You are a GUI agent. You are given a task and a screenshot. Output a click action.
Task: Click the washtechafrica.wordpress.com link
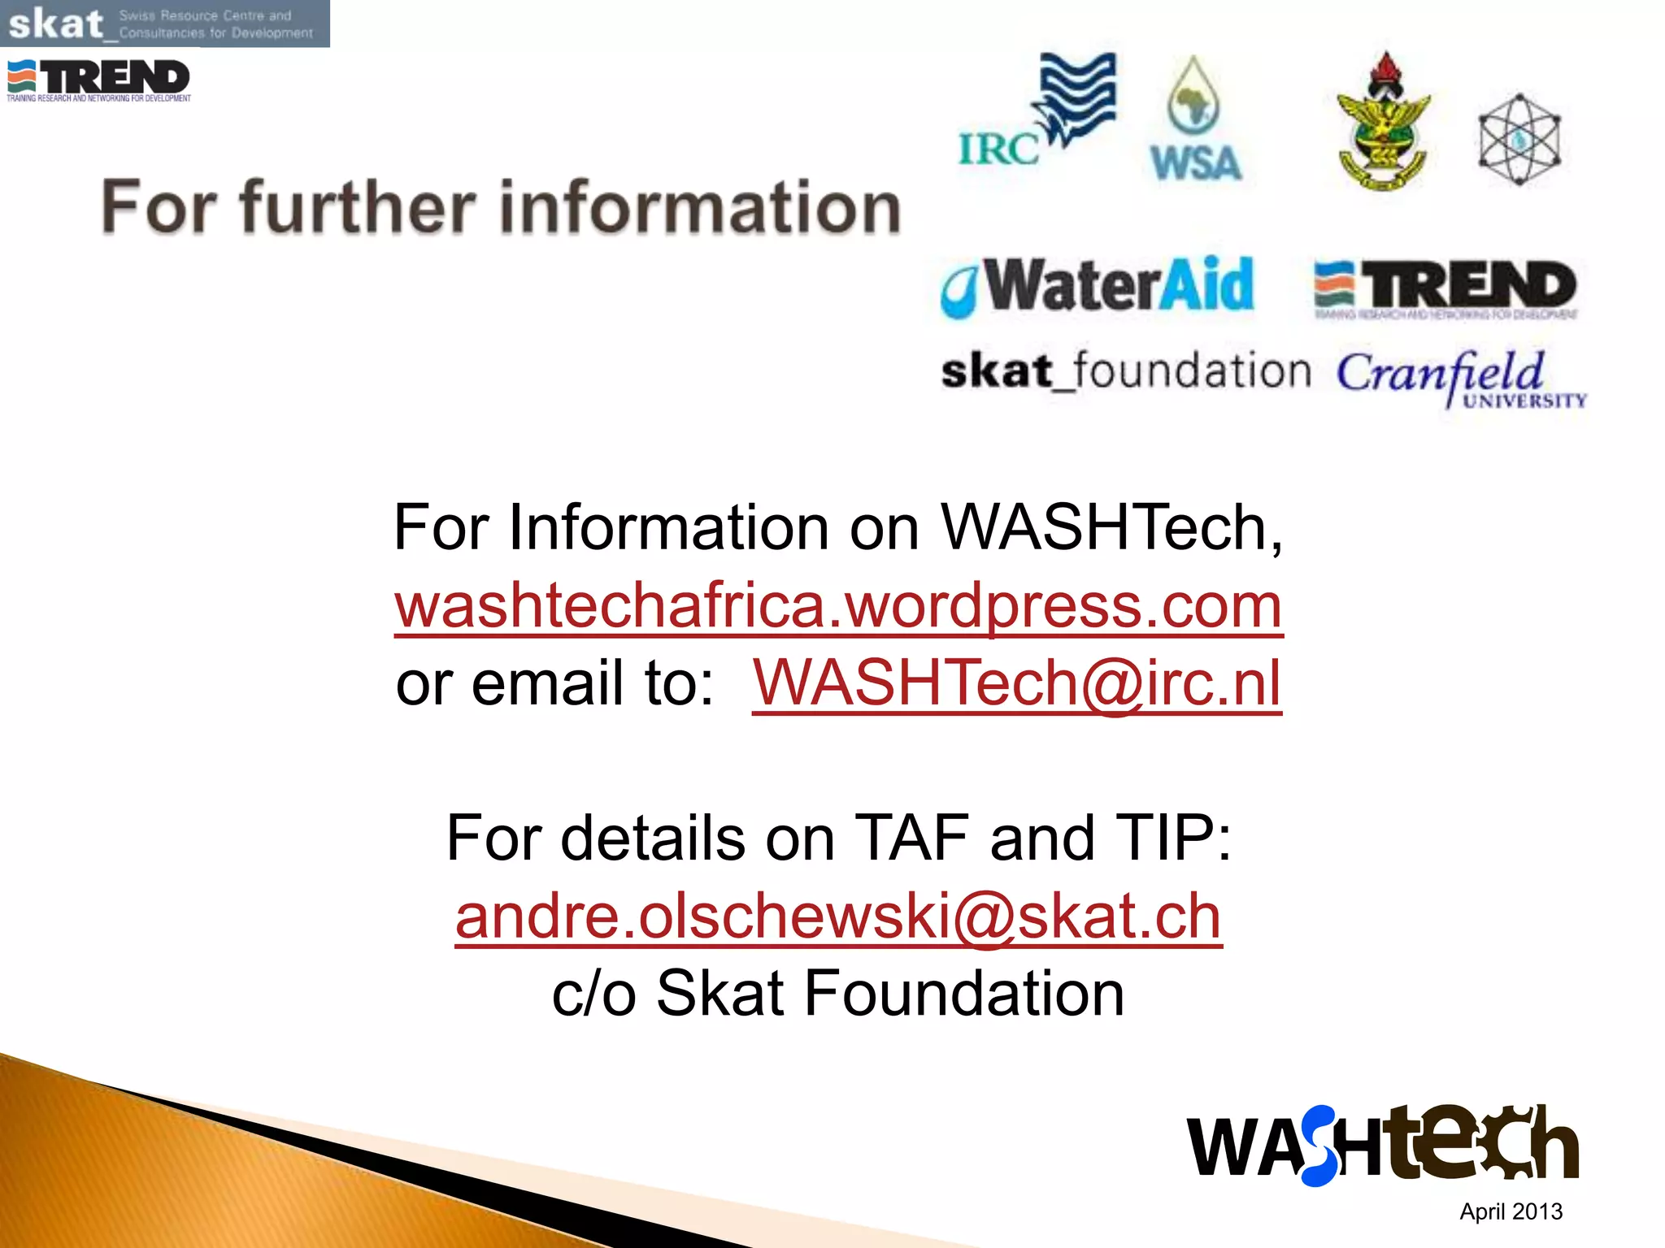click(x=838, y=606)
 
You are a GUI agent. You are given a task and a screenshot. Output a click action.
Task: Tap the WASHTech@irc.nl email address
click(x=1016, y=683)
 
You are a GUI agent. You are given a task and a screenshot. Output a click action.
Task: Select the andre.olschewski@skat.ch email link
click(x=838, y=916)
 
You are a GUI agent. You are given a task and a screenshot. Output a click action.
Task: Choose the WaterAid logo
click(x=1098, y=287)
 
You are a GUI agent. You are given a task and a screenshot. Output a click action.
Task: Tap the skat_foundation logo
click(x=1126, y=373)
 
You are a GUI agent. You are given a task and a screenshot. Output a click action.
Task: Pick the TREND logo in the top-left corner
click(x=98, y=80)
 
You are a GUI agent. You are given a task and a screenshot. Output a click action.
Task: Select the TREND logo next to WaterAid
click(x=1445, y=289)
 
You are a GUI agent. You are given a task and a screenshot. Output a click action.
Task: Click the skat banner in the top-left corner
click(x=164, y=24)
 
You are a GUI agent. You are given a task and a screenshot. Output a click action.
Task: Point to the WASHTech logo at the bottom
click(x=1382, y=1146)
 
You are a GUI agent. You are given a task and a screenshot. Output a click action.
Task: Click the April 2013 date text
click(x=1511, y=1211)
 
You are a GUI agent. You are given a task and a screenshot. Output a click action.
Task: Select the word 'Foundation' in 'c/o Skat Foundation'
click(x=963, y=994)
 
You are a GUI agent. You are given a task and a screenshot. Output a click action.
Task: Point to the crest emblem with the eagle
click(x=1383, y=123)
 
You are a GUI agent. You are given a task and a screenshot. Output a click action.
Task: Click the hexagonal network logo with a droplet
click(x=1519, y=140)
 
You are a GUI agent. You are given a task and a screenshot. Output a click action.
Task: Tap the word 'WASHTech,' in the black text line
click(x=1111, y=528)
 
